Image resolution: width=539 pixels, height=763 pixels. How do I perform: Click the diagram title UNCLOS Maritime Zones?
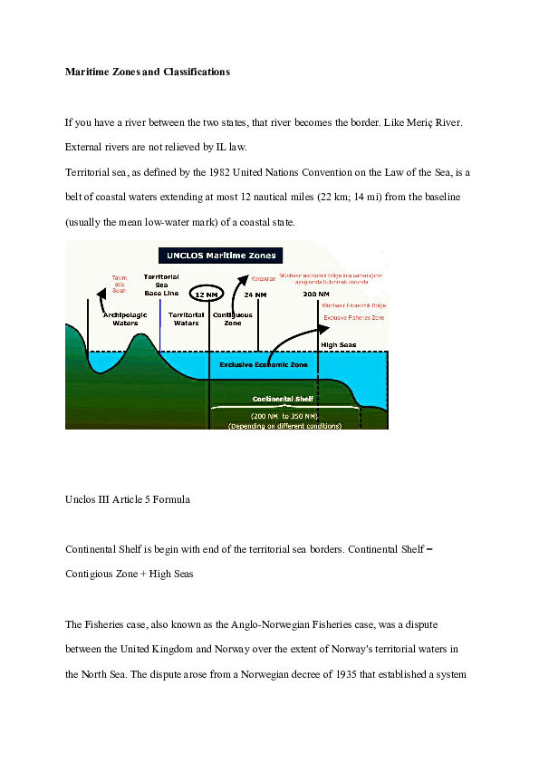point(221,255)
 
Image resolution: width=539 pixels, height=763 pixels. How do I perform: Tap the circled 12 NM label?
point(205,295)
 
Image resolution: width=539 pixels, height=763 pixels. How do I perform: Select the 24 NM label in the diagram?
point(255,295)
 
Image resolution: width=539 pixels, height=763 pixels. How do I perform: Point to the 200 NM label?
point(316,295)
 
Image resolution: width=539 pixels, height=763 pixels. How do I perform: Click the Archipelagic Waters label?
point(125,319)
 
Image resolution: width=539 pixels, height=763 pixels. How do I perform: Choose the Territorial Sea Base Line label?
point(160,285)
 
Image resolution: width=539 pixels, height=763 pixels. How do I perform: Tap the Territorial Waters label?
point(187,319)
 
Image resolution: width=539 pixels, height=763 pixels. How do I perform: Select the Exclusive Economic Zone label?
point(264,364)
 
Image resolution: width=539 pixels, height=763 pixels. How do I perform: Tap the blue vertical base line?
point(159,326)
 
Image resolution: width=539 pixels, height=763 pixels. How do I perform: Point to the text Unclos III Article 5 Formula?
point(128,499)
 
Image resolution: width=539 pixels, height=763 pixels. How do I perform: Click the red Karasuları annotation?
point(262,277)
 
